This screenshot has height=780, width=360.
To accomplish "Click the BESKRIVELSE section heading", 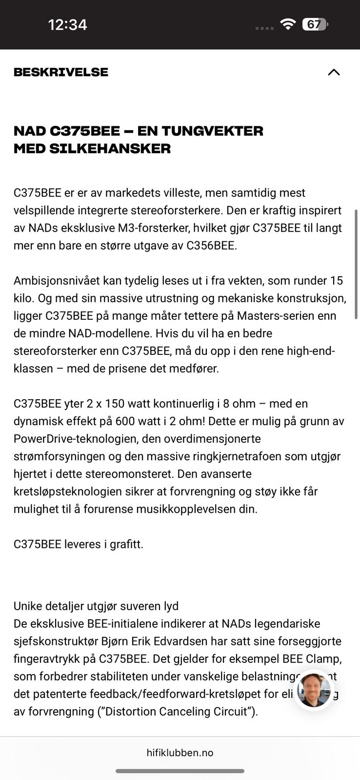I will pyautogui.click(x=61, y=72).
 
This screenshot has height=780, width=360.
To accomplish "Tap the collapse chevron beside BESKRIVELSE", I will pyautogui.click(x=334, y=72).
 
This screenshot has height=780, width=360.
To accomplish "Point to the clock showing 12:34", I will pyautogui.click(x=67, y=24).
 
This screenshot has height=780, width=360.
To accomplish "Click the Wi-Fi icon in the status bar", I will pyautogui.click(x=288, y=24).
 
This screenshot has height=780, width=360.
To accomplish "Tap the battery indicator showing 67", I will pyautogui.click(x=315, y=24).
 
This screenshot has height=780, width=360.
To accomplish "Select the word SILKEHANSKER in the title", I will pyautogui.click(x=110, y=149).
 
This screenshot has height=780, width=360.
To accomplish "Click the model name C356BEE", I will pyautogui.click(x=211, y=246).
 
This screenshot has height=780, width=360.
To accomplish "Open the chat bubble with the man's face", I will pyautogui.click(x=314, y=690).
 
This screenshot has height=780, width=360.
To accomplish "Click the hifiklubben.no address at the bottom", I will pyautogui.click(x=180, y=753).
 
